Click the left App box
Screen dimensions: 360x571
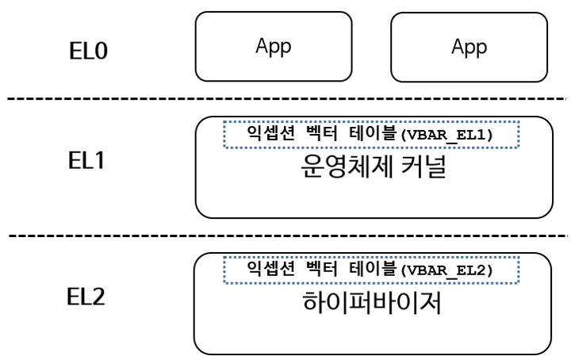pyautogui.click(x=274, y=45)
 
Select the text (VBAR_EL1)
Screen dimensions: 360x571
pyautogui.click(x=448, y=135)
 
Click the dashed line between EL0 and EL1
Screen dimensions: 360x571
pyautogui.click(x=285, y=99)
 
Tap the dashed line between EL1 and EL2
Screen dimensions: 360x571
pyautogui.click(x=285, y=236)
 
